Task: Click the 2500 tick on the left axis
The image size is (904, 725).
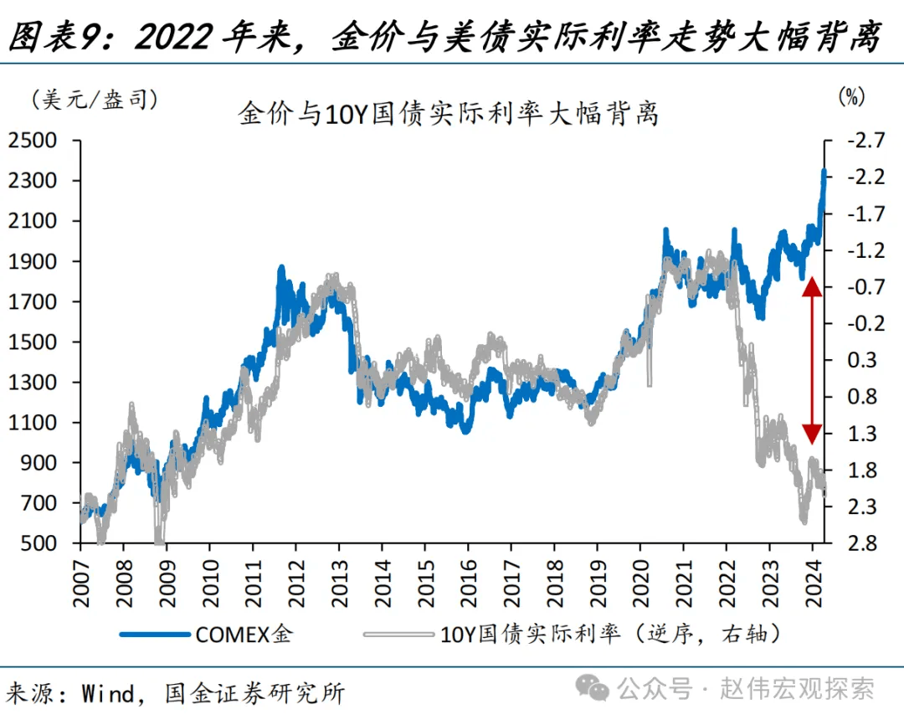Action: (33, 141)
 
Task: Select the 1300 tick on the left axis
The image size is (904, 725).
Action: (33, 383)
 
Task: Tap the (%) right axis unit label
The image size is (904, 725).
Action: (850, 96)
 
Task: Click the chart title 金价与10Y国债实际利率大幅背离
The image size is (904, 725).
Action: (448, 114)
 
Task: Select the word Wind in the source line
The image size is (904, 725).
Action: (108, 693)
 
